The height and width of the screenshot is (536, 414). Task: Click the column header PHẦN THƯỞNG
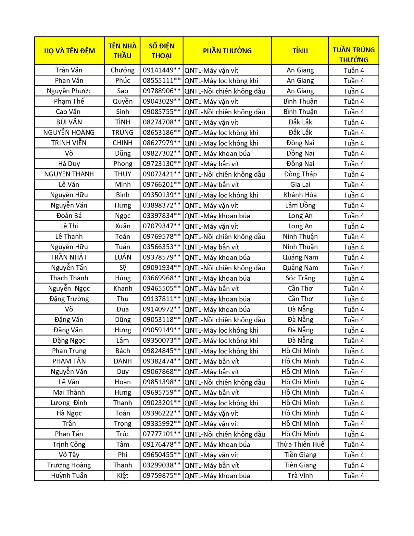pyautogui.click(x=227, y=51)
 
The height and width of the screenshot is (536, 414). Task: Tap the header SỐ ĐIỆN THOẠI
pyautogui.click(x=161, y=51)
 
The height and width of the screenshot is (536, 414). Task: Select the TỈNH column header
pyautogui.click(x=300, y=51)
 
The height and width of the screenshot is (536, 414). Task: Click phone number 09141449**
pyautogui.click(x=161, y=70)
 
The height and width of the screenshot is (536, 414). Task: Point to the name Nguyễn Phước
pyautogui.click(x=69, y=91)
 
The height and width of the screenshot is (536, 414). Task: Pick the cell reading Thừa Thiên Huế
pyautogui.click(x=300, y=444)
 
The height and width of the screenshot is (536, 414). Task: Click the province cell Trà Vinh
pyautogui.click(x=300, y=476)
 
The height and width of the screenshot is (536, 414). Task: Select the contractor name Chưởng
pyautogui.click(x=122, y=70)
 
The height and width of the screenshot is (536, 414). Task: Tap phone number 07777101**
pyautogui.click(x=161, y=434)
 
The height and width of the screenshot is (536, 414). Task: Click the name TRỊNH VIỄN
pyautogui.click(x=69, y=143)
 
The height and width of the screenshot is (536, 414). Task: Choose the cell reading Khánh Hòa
pyautogui.click(x=300, y=195)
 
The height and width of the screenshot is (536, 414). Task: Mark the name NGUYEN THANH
pyautogui.click(x=69, y=174)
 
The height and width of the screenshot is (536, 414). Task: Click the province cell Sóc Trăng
pyautogui.click(x=300, y=278)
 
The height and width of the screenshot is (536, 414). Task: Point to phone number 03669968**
pyautogui.click(x=161, y=278)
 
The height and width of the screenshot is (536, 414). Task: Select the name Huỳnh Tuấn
pyautogui.click(x=69, y=476)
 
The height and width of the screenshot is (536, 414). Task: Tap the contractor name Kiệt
pyautogui.click(x=122, y=476)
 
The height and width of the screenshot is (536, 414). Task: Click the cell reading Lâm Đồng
pyautogui.click(x=300, y=205)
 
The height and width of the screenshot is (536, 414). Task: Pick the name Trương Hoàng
pyautogui.click(x=69, y=465)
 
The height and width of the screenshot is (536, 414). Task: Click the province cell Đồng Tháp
pyautogui.click(x=300, y=174)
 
